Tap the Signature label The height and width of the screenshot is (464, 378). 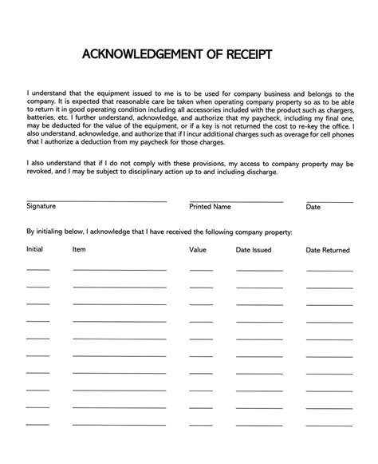41,206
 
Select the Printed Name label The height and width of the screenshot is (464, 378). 210,206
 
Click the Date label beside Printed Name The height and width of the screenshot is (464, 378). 313,207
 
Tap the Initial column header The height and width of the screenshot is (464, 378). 35,250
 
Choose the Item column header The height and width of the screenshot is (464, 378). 79,250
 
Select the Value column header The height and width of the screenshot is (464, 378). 198,250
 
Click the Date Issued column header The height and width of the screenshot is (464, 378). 254,250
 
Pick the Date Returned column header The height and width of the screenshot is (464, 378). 328,250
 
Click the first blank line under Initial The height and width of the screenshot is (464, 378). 37,270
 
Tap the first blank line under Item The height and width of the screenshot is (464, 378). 120,270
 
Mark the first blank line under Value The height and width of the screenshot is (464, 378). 201,270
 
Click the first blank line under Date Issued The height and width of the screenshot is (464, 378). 259,270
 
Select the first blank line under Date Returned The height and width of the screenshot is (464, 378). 329,270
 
